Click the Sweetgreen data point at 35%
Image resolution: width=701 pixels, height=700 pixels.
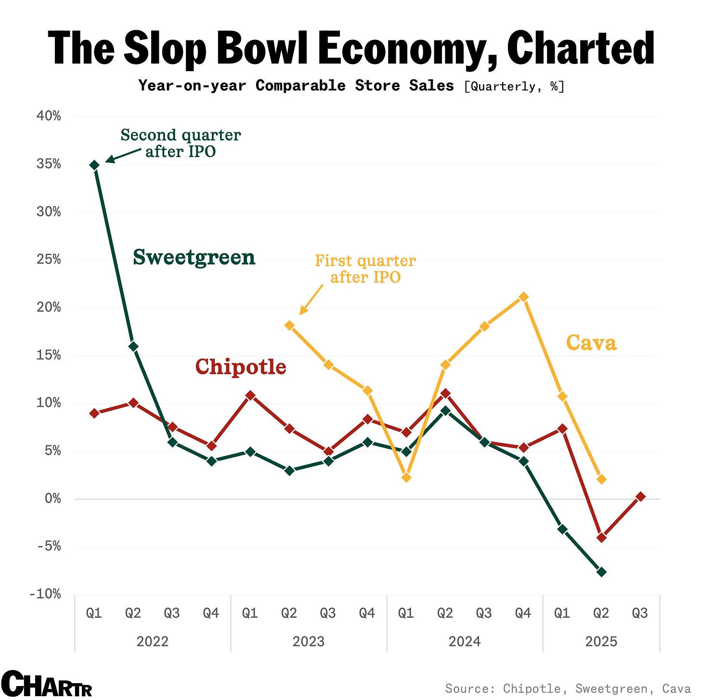click(95, 165)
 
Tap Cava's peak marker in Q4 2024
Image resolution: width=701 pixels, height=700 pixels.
click(524, 297)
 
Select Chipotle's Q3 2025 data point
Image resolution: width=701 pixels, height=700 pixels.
click(640, 496)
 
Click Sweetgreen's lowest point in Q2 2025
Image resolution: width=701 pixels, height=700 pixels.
click(601, 572)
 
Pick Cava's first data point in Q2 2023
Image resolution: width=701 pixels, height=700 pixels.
click(289, 326)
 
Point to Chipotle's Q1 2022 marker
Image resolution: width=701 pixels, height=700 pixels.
click(95, 413)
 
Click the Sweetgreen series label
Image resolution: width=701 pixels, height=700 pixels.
click(194, 257)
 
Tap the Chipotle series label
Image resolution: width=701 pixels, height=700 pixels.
click(241, 367)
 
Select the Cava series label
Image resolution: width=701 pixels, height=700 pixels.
click(591, 343)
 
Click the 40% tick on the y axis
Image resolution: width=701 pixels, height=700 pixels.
click(49, 116)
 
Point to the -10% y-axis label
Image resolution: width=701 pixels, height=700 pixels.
click(46, 594)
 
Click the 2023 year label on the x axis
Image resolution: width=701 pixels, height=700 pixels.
click(309, 641)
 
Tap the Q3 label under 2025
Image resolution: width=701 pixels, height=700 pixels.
click(640, 613)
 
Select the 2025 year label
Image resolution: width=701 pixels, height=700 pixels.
click(601, 641)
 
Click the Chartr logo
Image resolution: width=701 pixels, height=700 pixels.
click(46, 684)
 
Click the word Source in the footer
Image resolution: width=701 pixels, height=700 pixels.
click(469, 688)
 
